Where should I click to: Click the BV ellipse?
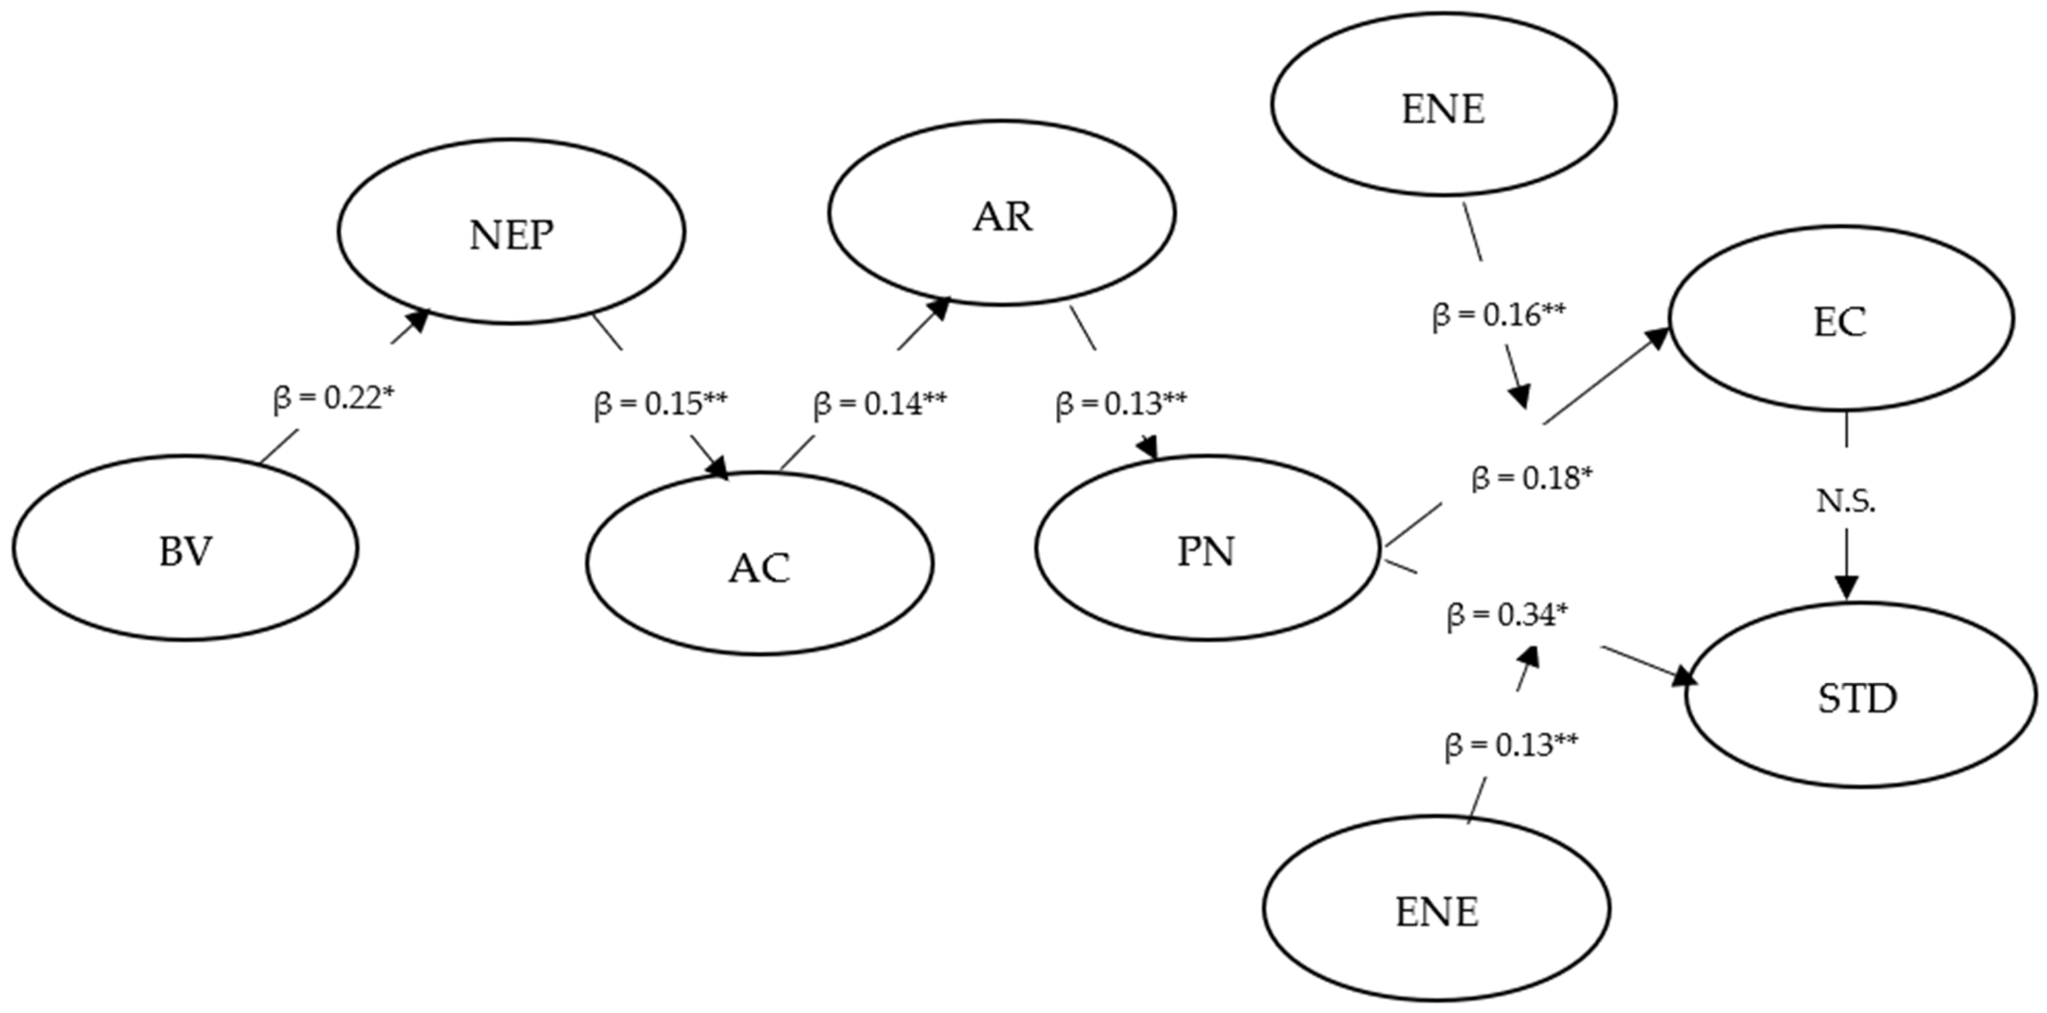(185, 548)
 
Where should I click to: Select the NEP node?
(511, 231)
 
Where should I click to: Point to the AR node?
(1002, 213)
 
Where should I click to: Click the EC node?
(1840, 318)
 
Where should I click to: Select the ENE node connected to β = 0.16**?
(1443, 104)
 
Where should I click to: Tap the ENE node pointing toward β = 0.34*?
(1437, 908)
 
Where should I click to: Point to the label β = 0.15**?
(660, 404)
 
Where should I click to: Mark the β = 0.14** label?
(880, 404)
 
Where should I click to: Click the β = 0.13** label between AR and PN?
(1121, 404)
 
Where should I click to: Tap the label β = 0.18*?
(1532, 478)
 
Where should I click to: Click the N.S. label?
(1846, 501)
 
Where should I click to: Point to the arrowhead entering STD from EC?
(1846, 586)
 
